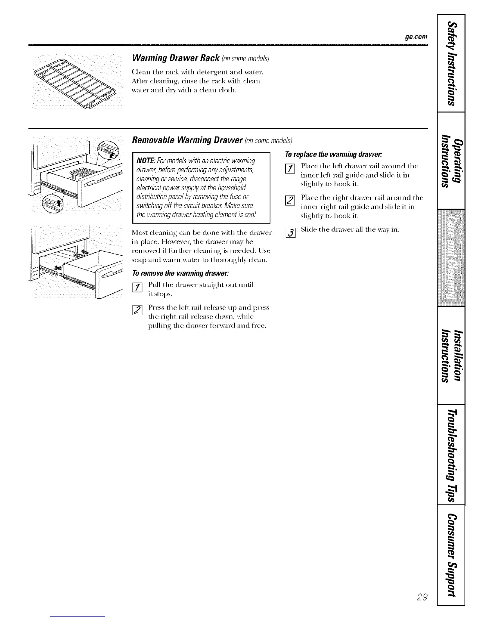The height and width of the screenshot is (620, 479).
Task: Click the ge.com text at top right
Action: [416, 37]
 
